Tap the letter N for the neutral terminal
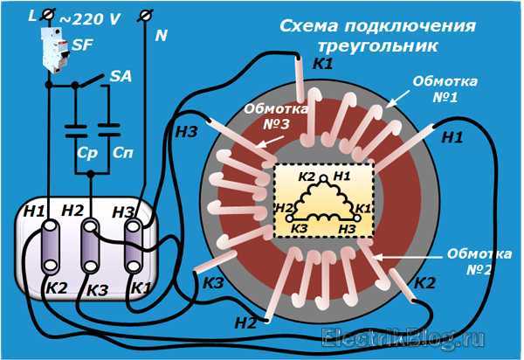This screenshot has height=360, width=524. click(161, 37)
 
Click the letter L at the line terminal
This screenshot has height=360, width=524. click(33, 14)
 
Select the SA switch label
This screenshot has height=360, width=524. click(121, 77)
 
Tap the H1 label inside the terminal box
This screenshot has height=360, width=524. click(36, 211)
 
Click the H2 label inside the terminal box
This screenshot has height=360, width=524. click(74, 210)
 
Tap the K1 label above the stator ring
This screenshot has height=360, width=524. click(322, 63)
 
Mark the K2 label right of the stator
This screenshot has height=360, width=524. click(424, 282)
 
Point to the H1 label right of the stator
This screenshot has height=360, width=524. click(452, 136)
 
